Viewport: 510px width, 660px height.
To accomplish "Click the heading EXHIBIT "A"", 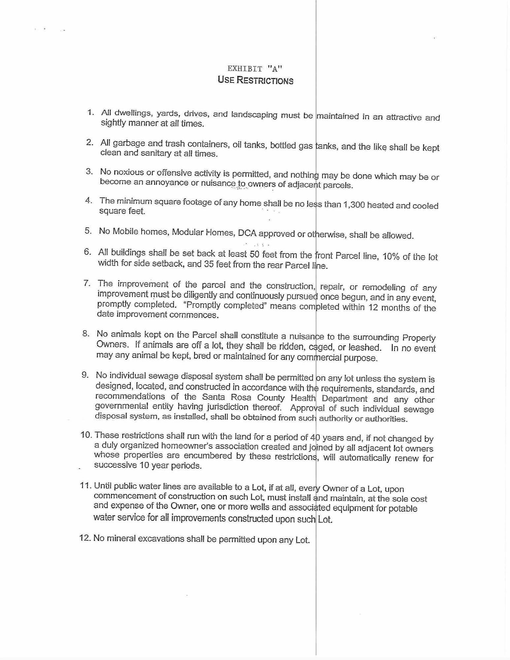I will tap(255, 69).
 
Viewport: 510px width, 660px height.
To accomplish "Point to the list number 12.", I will tap(85, 538).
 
